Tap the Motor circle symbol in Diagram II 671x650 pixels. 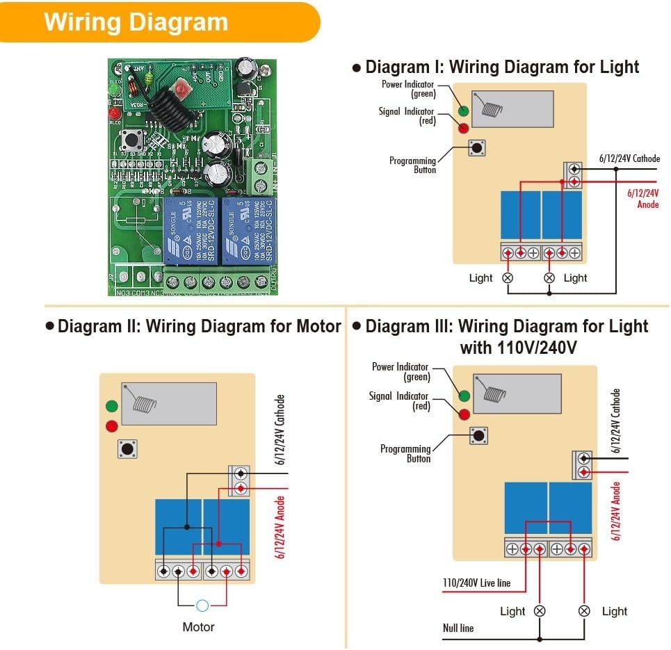point(202,606)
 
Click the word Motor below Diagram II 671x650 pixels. point(198,627)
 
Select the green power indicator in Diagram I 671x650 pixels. point(463,110)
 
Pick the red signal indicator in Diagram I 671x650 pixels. point(463,127)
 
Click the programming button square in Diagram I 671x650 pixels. point(477,147)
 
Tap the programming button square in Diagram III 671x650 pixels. point(478,436)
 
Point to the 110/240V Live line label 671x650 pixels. point(476,583)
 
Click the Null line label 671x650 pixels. point(458,628)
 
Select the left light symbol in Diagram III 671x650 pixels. point(539,611)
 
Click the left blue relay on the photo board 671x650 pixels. point(191,229)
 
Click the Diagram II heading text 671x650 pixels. point(199,326)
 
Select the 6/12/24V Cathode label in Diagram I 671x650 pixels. point(629,159)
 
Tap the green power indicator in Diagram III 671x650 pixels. point(464,396)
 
